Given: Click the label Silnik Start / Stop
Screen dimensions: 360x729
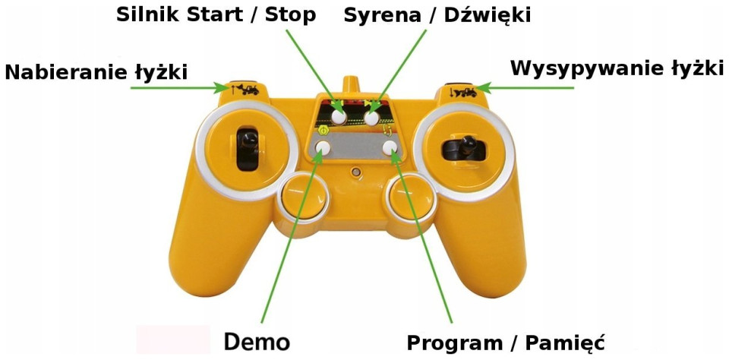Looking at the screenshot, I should pos(216,15).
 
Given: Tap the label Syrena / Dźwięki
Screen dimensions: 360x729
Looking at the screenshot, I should pos(437,15).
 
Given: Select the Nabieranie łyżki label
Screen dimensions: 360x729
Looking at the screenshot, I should pos(96,72).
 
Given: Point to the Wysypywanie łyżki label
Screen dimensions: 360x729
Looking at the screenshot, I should pos(616,68).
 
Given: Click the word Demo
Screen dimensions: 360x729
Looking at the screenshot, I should pos(257,341).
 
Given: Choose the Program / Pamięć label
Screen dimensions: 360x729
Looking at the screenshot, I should pos(506,342).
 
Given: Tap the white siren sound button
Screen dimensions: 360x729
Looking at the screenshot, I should pos(372,117).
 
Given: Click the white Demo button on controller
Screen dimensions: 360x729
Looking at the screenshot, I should pos(323,148).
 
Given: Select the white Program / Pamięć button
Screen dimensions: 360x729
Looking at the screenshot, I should pos(391,148).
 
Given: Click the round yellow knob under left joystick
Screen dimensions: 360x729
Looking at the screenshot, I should pos(302,200).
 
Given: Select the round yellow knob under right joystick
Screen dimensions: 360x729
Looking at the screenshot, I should pos(410,199).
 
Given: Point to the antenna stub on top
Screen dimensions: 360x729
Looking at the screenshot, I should pos(351,82).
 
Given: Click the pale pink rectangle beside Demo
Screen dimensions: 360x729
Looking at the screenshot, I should pos(173,340).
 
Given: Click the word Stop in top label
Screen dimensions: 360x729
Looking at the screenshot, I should pos(290,15).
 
